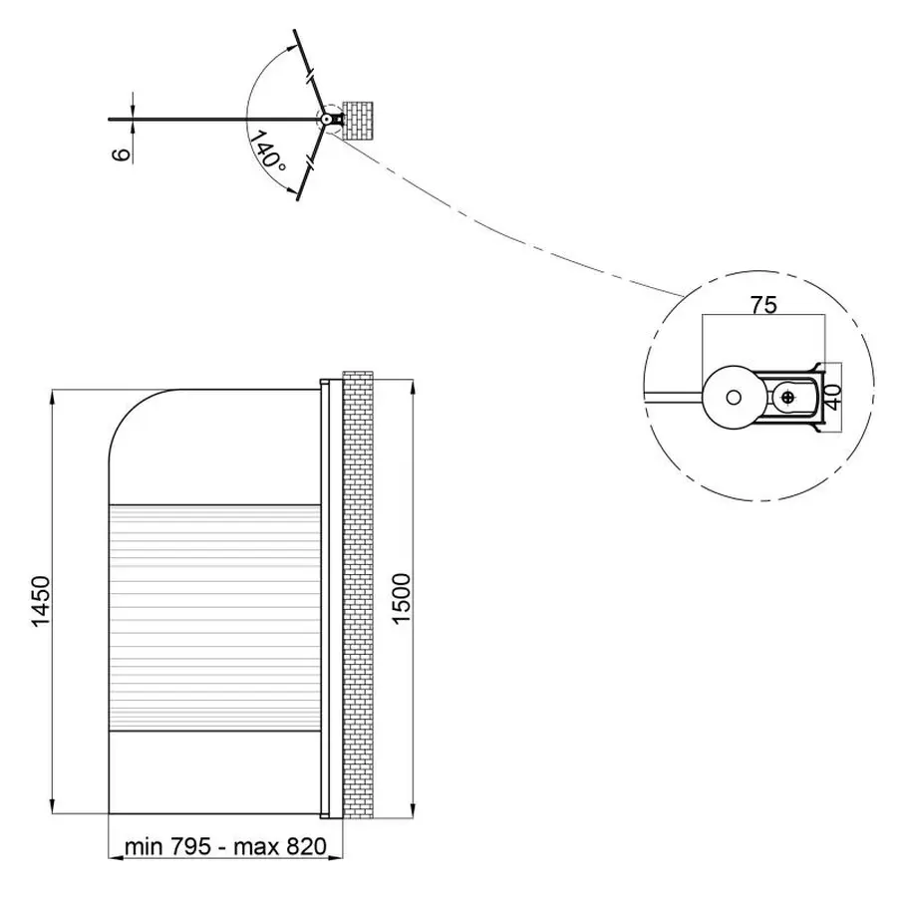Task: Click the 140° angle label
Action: pos(266,149)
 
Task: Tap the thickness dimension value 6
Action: pos(122,154)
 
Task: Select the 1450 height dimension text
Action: pos(41,601)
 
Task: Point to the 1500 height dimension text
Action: pos(403,598)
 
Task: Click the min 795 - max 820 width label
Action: pos(225,846)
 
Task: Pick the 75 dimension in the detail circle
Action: pos(763,305)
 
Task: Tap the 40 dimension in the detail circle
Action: pos(833,397)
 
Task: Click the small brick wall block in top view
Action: pos(358,121)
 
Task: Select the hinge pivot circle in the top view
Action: pos(326,119)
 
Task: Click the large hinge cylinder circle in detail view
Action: pos(733,397)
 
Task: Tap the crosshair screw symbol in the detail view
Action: pos(787,397)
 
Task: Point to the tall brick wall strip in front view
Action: pos(358,594)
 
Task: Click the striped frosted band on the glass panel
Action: pos(214,618)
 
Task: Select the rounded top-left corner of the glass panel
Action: pos(126,408)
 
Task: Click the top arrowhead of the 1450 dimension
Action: pos(52,398)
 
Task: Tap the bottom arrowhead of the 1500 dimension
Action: pos(413,809)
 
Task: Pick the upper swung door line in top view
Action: pos(310,73)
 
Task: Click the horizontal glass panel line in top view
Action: pos(214,119)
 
